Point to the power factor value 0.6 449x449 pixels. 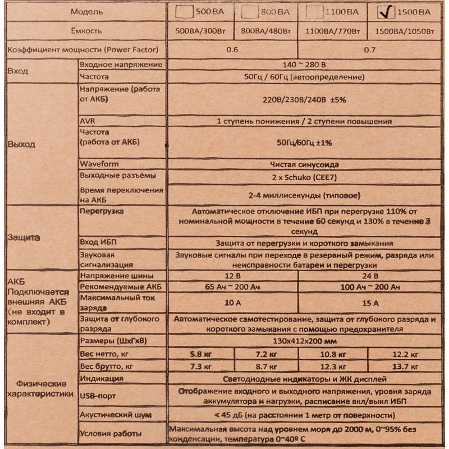232,50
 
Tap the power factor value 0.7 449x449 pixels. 369,50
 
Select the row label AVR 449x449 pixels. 89,121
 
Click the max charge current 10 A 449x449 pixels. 232,303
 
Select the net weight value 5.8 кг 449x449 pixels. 200,354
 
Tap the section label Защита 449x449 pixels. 24,237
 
